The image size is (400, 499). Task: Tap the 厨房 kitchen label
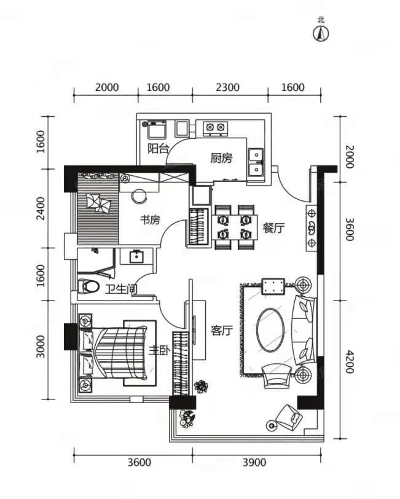(221, 158)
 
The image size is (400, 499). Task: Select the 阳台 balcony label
(158, 149)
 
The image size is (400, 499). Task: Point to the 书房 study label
(150, 219)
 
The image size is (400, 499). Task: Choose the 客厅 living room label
(222, 331)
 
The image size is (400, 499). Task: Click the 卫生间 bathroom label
(121, 289)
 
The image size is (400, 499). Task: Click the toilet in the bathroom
(88, 286)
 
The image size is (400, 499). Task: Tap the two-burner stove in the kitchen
(215, 127)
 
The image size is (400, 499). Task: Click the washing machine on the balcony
(157, 130)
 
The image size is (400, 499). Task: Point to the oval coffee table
(271, 329)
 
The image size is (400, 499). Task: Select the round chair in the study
(139, 197)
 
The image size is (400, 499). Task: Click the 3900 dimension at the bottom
(254, 462)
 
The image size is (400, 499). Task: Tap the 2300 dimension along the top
(227, 87)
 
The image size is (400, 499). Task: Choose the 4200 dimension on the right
(350, 362)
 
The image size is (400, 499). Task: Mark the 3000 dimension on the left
(41, 347)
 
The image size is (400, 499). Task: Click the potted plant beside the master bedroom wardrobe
(201, 387)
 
